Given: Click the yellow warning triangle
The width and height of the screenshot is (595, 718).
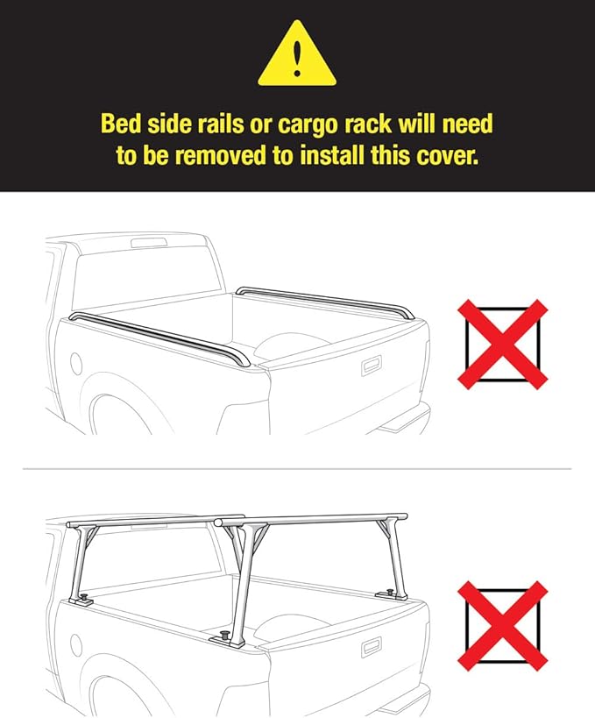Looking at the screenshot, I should pyautogui.click(x=297, y=54).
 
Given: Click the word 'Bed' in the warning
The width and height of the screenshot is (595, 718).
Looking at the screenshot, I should pyautogui.click(x=120, y=124).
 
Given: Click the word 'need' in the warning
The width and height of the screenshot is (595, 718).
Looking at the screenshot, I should pyautogui.click(x=465, y=124).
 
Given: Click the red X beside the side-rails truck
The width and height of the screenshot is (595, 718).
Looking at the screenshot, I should pyautogui.click(x=503, y=345).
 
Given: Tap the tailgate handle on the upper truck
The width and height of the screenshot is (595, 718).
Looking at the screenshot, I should pyautogui.click(x=371, y=366).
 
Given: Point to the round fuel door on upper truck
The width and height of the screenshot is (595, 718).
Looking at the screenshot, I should pyautogui.click(x=75, y=363).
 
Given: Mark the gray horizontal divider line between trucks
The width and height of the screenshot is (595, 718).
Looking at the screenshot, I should pyautogui.click(x=297, y=468).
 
